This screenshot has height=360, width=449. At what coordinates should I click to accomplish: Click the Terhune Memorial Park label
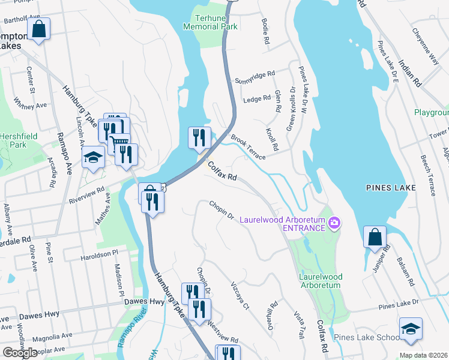[211, 22]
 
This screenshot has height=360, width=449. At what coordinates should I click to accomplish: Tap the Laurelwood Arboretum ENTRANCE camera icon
[334, 224]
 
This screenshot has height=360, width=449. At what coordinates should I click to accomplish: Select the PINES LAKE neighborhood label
[391, 188]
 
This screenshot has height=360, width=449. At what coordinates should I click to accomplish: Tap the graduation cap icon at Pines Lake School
[411, 328]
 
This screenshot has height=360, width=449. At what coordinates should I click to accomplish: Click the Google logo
[20, 352]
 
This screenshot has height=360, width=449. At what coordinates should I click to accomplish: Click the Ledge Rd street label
[258, 98]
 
